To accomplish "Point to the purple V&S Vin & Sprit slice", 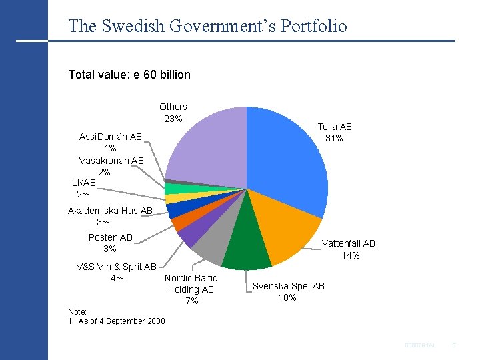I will [190, 233].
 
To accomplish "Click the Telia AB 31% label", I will [334, 132].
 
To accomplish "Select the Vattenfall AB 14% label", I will [350, 249].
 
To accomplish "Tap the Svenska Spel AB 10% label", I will [288, 291].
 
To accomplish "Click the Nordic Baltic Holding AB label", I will [191, 289].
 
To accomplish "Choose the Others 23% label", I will [173, 112].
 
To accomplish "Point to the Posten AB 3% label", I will [110, 243].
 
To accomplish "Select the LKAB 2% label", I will [83, 188].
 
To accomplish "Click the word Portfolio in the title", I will [314, 26].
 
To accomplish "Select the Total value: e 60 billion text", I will [129, 74].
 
